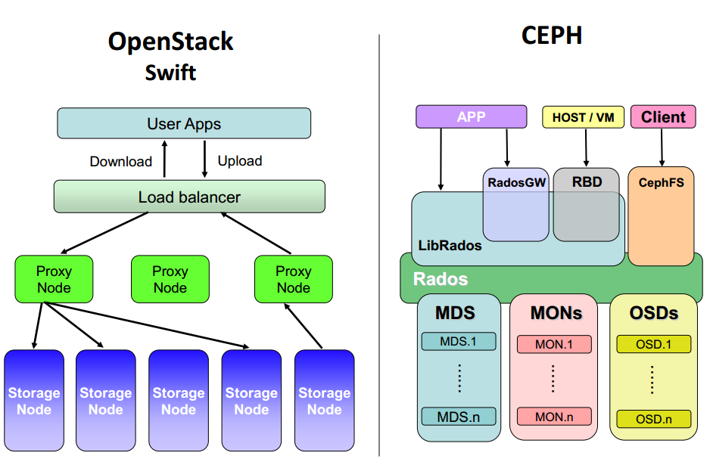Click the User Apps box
pos(184,123)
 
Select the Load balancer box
pos(189,197)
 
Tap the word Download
pos(121,162)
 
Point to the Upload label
pos(240,161)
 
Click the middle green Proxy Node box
pos(170,279)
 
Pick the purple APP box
pos(472,116)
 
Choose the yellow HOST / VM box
pos(583,117)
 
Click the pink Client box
pos(663,116)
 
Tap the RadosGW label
pos(517,183)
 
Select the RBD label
pos(587,181)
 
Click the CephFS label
pos(661,183)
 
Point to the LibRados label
pos(450,246)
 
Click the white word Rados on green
pos(440,279)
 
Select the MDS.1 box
pos(458,342)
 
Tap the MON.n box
pos(554,417)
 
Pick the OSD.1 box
pos(653,344)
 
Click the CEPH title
pos(552,36)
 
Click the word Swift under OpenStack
pos(170,73)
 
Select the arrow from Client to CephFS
pos(662,147)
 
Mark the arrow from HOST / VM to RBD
pos(586,147)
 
